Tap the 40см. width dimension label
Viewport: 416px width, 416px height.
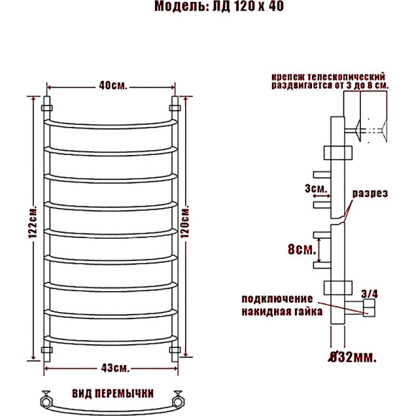(x=113, y=86)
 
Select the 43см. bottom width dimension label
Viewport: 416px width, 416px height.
(x=113, y=368)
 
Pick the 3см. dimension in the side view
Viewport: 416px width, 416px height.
(x=318, y=189)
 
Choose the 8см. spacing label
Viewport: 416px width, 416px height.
(x=301, y=250)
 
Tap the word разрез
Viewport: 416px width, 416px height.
(x=370, y=194)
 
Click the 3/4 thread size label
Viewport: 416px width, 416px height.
(x=369, y=293)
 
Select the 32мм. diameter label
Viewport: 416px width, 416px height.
(x=353, y=355)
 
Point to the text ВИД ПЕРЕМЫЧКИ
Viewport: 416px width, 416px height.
(x=113, y=394)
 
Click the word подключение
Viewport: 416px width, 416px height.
(x=277, y=298)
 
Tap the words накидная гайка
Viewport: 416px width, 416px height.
(x=282, y=312)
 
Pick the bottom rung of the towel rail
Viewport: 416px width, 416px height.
(x=111, y=339)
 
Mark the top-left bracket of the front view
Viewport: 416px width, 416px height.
(x=47, y=107)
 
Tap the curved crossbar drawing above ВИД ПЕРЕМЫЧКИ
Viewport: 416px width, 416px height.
(x=112, y=404)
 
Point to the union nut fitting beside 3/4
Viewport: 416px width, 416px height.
(x=369, y=308)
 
